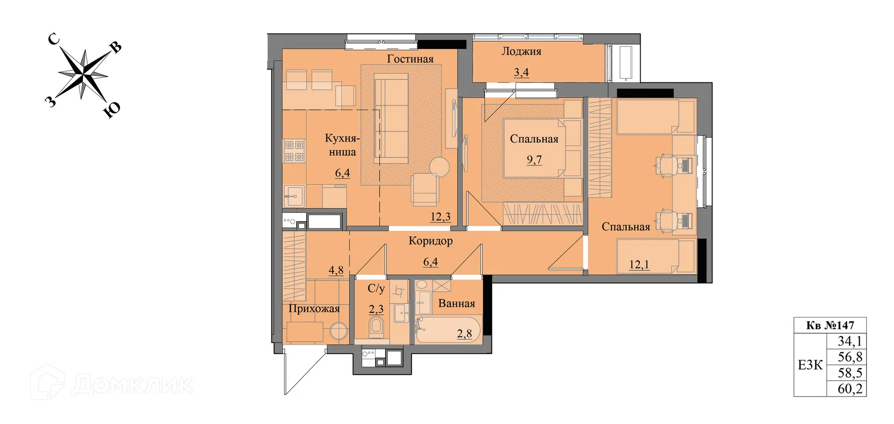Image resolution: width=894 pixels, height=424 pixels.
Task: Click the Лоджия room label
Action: coord(521,52)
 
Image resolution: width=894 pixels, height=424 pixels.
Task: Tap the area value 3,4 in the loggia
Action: coord(521,72)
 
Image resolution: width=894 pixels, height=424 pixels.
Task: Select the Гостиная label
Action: coord(410,59)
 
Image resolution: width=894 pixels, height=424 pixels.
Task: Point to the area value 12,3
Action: coord(440,216)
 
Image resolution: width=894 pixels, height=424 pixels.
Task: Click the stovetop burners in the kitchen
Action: coord(294,150)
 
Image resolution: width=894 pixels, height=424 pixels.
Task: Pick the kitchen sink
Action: coord(294,196)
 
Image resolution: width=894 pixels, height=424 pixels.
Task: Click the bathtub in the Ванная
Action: coord(448,330)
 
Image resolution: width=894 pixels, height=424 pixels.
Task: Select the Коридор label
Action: coord(431,241)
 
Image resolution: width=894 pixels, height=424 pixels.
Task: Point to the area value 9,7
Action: coord(534,160)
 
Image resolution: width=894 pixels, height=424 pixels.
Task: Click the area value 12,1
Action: coord(639,264)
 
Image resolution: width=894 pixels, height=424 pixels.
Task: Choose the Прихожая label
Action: coord(314,309)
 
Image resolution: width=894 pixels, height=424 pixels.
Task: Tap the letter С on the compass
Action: coord(54,39)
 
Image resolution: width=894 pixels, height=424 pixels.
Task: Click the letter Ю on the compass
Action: coord(112,109)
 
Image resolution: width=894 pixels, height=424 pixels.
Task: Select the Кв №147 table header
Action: coord(830,325)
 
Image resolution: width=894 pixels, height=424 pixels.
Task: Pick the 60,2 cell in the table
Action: coord(850,389)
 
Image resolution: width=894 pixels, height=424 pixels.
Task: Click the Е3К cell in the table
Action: coord(810,365)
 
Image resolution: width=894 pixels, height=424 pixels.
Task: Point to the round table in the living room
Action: coord(439,167)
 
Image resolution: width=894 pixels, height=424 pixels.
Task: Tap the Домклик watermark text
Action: coord(133,384)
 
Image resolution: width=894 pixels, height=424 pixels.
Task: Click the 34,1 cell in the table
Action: coord(850,341)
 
